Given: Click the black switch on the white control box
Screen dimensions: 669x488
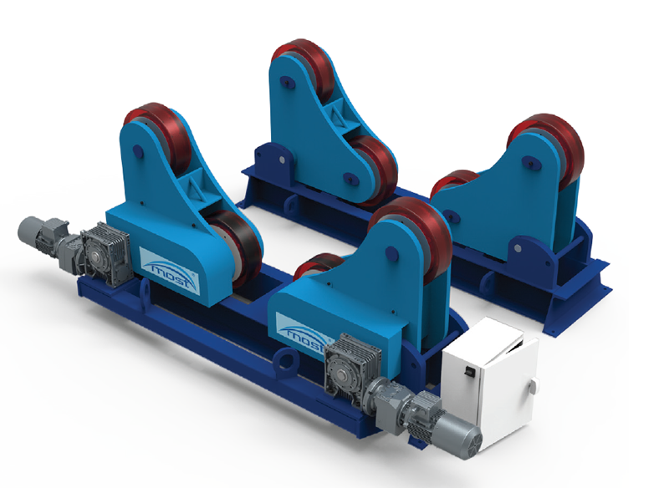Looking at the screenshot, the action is click(x=469, y=372).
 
